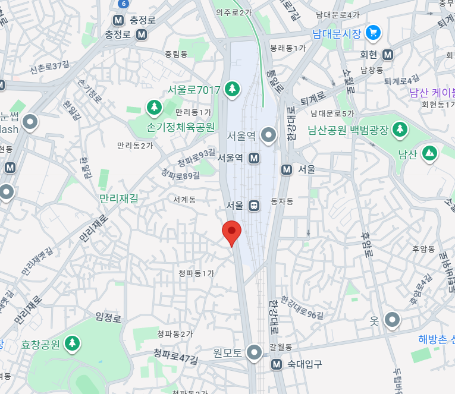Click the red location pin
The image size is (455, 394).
231,232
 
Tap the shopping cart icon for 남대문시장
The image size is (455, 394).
374,32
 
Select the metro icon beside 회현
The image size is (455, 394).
388,55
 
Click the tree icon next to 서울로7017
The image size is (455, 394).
231,89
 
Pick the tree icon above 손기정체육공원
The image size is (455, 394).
154,108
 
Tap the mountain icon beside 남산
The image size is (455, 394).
429,154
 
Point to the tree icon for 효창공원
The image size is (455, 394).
73,343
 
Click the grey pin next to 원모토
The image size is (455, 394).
255,352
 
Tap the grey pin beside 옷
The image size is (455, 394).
392,320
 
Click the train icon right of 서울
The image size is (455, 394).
254,205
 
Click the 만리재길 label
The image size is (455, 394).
118,198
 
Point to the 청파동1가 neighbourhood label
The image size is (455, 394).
196,273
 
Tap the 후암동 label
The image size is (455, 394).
423,249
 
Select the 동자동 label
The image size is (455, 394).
282,201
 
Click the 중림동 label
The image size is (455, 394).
176,54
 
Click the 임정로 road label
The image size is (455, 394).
108,318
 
